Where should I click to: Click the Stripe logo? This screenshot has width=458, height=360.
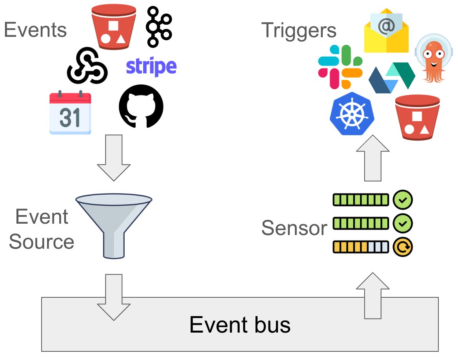[x=151, y=67]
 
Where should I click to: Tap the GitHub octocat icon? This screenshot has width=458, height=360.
[x=141, y=106]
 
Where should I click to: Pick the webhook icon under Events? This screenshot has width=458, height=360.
[x=87, y=66]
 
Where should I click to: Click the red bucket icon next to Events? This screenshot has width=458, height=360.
[x=113, y=26]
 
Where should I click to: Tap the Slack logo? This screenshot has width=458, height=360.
[x=340, y=67]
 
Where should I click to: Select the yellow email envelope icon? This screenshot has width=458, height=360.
[x=386, y=31]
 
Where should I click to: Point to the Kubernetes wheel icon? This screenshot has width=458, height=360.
[x=352, y=114]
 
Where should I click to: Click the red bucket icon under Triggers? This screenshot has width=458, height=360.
[x=417, y=117]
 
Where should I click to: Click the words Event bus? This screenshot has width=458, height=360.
[x=240, y=325]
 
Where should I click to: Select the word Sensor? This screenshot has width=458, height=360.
[x=294, y=228]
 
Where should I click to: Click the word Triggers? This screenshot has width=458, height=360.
[x=298, y=30]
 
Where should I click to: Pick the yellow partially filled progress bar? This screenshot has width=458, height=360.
[x=360, y=247]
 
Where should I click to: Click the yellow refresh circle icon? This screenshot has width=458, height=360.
[x=403, y=247]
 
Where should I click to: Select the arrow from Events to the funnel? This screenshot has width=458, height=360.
[x=113, y=157]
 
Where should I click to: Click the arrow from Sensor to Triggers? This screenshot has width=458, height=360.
[x=373, y=159]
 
